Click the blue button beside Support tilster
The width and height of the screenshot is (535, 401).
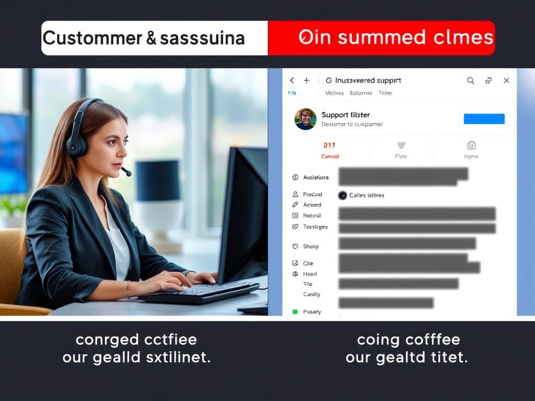pyautogui.click(x=484, y=119)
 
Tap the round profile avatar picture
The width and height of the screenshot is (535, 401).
pyautogui.click(x=305, y=119)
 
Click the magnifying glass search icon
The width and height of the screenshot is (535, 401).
pyautogui.click(x=471, y=80)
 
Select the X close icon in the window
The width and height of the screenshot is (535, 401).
pyautogui.click(x=506, y=80)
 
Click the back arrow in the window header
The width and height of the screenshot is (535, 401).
pyautogui.click(x=292, y=80)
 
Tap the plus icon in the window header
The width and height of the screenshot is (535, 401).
pyautogui.click(x=307, y=80)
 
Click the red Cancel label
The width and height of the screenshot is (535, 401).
pyautogui.click(x=330, y=156)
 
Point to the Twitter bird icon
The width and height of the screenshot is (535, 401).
pyautogui.click(x=401, y=146)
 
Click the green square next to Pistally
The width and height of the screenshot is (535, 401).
pyautogui.click(x=295, y=312)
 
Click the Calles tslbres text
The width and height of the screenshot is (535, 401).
pyautogui.click(x=366, y=195)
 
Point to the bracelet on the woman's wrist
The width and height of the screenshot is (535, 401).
pyautogui.click(x=129, y=289)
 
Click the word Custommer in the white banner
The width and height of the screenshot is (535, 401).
pyautogui.click(x=92, y=38)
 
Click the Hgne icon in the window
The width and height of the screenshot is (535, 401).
pyautogui.click(x=471, y=146)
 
